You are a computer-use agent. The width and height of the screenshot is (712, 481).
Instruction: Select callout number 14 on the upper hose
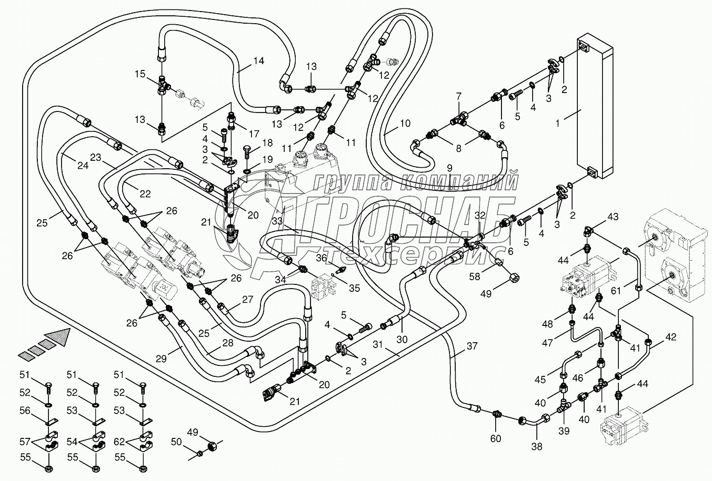(258, 60)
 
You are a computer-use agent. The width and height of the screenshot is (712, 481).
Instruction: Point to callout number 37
(472, 345)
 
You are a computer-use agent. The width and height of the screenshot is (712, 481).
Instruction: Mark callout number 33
(278, 221)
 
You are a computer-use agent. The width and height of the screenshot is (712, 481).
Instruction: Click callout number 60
(496, 438)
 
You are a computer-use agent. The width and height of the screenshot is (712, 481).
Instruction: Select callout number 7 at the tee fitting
(458, 96)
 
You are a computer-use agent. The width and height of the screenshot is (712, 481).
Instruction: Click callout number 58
(475, 276)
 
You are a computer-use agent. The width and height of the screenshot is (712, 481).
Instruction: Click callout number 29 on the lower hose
(160, 359)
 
